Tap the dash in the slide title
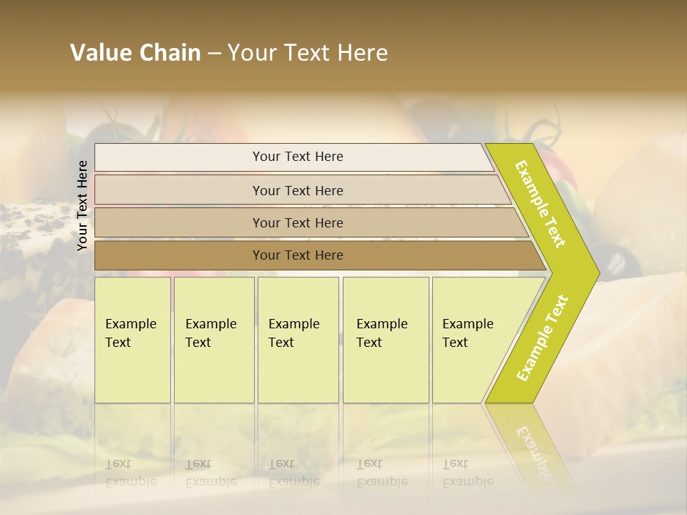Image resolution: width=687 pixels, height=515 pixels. pos(214,54)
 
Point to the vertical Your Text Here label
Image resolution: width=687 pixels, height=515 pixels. pos(82,206)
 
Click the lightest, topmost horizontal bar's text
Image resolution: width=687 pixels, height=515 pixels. pos(298,157)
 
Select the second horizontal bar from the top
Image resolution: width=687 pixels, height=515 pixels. pos(298,190)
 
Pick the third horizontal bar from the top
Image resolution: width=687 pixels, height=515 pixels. pos(298,222)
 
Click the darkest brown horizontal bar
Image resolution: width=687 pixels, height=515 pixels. pos(298,255)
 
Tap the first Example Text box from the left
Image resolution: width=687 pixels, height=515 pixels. pos(132,340)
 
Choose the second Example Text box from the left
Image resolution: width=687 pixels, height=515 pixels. pos(213,340)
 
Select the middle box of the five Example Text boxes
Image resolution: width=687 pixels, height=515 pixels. pos(298,340)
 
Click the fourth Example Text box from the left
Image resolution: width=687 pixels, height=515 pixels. pos(386,340)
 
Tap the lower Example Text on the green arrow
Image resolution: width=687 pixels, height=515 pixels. pos(542,338)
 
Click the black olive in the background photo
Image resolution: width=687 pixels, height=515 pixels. pos(612,258)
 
